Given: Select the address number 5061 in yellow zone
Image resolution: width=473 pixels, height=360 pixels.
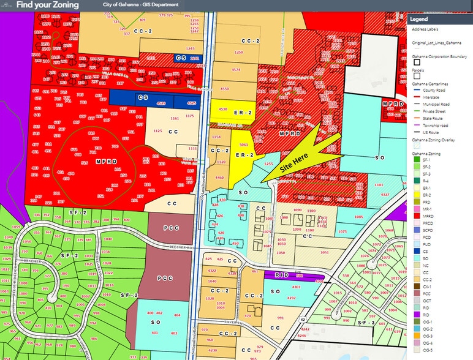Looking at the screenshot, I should (x=243, y=145).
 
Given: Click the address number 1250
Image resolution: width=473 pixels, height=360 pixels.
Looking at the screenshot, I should (x=238, y=53).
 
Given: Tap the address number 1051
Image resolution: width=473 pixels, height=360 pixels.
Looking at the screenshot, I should (x=324, y=252).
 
